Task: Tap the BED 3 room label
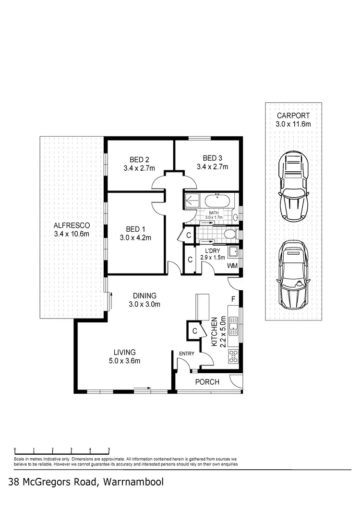tap(212, 158)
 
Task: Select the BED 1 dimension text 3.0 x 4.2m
tap(135, 237)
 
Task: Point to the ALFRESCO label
tap(72, 225)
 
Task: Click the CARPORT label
tap(293, 116)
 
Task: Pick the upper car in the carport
tap(293, 186)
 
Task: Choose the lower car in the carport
tap(293, 274)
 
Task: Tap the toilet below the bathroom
tap(230, 234)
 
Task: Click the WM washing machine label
tap(232, 266)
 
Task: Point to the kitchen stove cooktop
tap(233, 356)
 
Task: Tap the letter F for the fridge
tap(233, 299)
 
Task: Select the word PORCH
tap(207, 382)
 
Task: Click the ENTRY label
tap(186, 354)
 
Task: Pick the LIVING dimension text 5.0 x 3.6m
tap(124, 361)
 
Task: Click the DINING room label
tap(144, 296)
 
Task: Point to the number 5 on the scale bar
tap(109, 450)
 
